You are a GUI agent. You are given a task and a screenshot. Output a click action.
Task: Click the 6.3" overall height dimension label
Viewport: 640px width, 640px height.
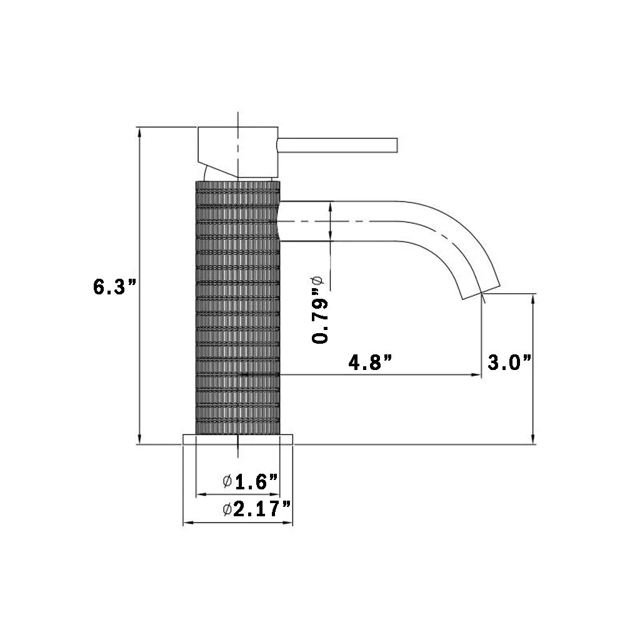pyautogui.click(x=114, y=287)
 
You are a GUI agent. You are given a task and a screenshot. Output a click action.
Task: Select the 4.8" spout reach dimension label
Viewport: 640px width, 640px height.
pyautogui.click(x=371, y=362)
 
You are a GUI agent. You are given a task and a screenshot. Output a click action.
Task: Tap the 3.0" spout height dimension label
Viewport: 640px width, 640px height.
pyautogui.click(x=509, y=362)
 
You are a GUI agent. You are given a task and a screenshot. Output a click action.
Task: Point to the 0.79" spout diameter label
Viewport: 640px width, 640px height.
pyautogui.click(x=320, y=311)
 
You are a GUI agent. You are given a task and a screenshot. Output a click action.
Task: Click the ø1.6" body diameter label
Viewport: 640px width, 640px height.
pyautogui.click(x=250, y=482)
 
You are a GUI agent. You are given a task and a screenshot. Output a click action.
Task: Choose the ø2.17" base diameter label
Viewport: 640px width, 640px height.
pyautogui.click(x=257, y=509)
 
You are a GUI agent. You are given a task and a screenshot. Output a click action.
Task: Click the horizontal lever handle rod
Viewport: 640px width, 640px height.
pyautogui.click(x=337, y=144)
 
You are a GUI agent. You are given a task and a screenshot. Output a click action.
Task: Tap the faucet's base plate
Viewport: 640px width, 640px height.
pyautogui.click(x=237, y=439)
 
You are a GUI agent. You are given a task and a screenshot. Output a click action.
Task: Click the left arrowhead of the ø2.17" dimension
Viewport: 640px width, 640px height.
pyautogui.click(x=186, y=523)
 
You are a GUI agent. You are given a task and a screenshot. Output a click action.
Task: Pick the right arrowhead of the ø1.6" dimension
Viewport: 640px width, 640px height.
pyautogui.click(x=276, y=495)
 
